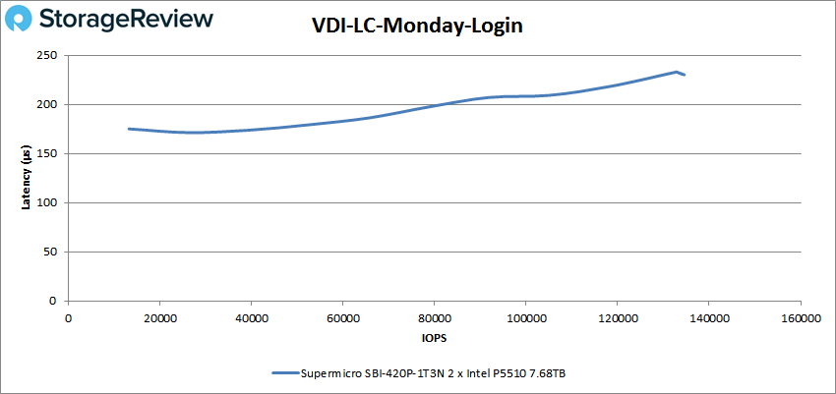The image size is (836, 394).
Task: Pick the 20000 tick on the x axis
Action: [159, 317]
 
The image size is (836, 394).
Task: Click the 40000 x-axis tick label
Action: [251, 317]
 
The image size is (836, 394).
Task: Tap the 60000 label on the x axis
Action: [342, 317]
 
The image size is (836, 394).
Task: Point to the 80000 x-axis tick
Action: [434, 317]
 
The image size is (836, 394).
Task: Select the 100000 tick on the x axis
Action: [525, 317]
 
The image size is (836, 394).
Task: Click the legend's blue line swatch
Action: [284, 372]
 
